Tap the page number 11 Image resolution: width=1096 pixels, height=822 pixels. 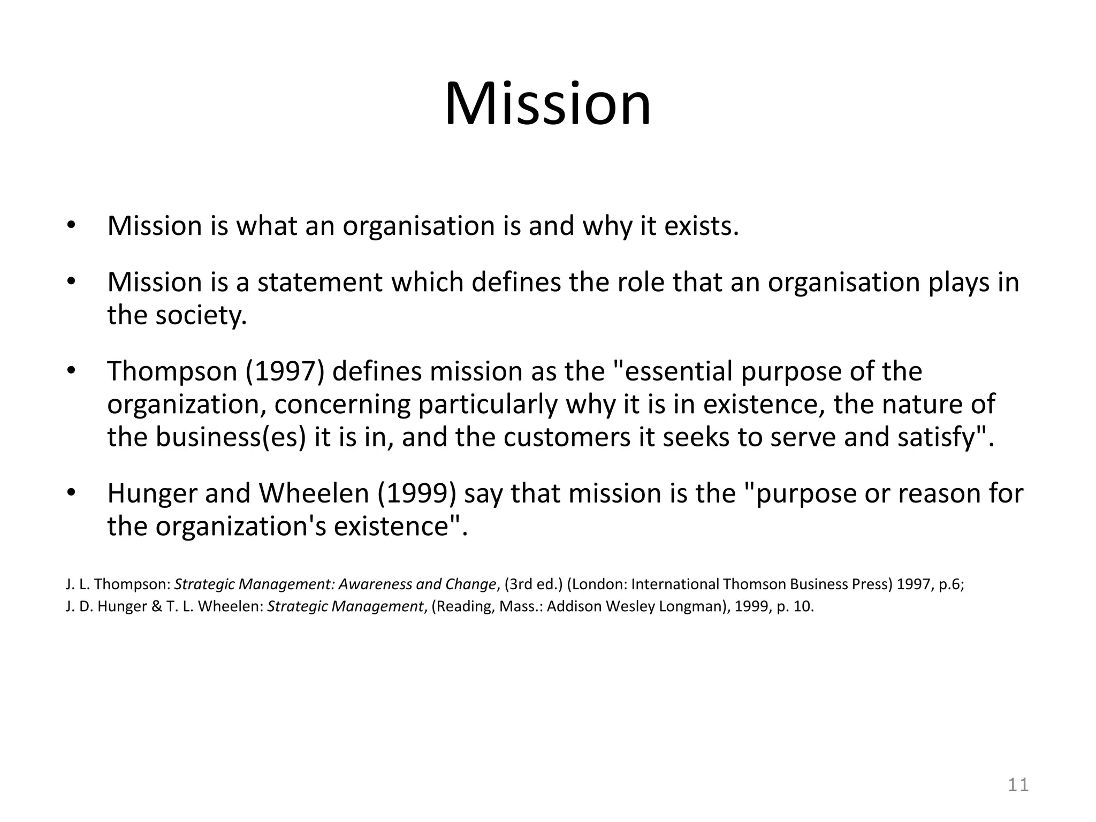[1018, 785]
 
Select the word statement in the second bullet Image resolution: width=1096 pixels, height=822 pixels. [319, 282]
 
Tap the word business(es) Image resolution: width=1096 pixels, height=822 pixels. [231, 437]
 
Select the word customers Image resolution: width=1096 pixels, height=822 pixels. [568, 437]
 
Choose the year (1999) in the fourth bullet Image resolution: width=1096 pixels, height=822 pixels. [417, 493]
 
